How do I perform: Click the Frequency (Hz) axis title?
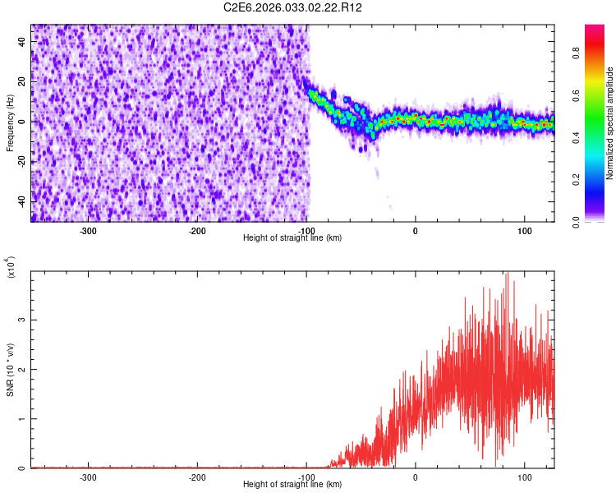coord(10,123)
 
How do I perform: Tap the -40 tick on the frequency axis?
coord(22,200)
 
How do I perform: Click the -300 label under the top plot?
coord(88,231)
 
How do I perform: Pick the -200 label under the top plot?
coord(197,231)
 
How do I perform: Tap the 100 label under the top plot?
coord(525,231)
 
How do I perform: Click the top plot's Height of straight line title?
coord(293,238)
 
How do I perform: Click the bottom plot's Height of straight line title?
coord(293,485)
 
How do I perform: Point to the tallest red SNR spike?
coord(508,274)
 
